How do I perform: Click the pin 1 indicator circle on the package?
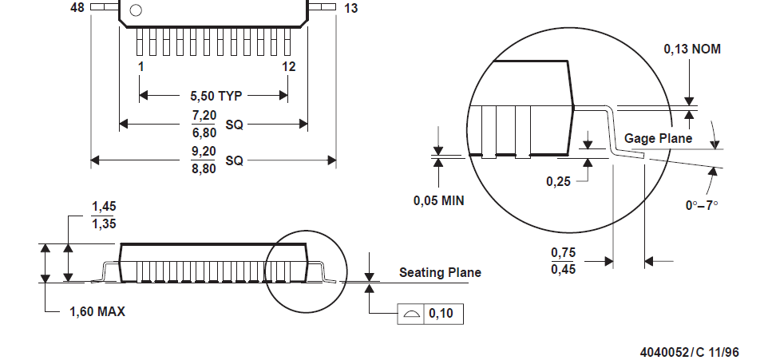tap(136, 10)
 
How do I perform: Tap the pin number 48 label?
tap(77, 8)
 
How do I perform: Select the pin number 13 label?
tap(351, 9)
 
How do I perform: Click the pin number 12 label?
tap(288, 67)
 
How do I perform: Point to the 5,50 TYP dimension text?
tap(216, 96)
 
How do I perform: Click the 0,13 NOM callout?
tap(692, 49)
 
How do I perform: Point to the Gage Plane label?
tap(658, 139)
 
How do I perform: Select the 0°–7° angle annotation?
tap(702, 204)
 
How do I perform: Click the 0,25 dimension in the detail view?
tap(558, 182)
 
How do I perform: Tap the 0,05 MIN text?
tap(438, 200)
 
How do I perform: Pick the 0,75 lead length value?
tap(563, 253)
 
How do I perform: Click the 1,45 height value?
tap(104, 207)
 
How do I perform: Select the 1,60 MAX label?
tap(97, 311)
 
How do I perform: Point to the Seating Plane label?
tap(440, 273)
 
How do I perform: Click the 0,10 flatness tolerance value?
tap(441, 314)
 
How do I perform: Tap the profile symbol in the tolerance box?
tap(410, 314)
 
